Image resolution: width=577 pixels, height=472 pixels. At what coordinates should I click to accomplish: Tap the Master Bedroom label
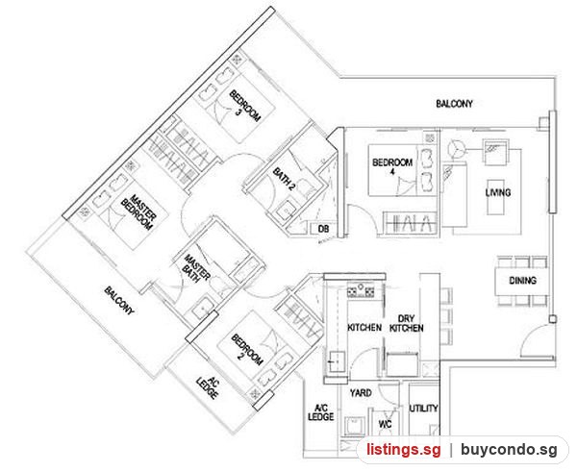pos(138,212)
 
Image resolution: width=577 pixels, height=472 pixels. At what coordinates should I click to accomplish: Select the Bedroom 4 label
pos(392,165)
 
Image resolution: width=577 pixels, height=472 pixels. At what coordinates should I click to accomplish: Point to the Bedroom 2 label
pos(246,350)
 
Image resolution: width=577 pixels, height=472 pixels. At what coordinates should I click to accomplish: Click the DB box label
pos(323,229)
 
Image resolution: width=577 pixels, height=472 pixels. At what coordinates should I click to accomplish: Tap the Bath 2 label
pos(284,179)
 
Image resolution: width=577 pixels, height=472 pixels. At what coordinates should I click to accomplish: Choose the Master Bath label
pos(196,268)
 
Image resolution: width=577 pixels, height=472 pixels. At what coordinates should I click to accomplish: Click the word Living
pos(497,192)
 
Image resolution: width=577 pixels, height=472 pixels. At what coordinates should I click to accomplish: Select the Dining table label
pos(522,281)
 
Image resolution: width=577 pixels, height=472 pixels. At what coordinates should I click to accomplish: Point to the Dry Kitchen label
pos(406,323)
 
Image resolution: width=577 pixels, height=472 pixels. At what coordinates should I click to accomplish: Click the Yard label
pos(361,393)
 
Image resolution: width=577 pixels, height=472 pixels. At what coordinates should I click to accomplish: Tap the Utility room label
pos(423,408)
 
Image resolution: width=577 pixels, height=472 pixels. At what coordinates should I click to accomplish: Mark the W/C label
pos(385,424)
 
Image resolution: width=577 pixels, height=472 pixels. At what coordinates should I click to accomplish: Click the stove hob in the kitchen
pos(361,290)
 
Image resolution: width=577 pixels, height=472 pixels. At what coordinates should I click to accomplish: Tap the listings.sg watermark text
pos(403,450)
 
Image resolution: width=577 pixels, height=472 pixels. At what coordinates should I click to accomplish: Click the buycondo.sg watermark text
pos(509,450)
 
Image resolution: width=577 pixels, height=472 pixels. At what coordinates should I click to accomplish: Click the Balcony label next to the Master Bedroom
pos(118,301)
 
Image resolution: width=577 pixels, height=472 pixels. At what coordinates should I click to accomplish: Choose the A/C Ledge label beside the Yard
pos(321,412)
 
